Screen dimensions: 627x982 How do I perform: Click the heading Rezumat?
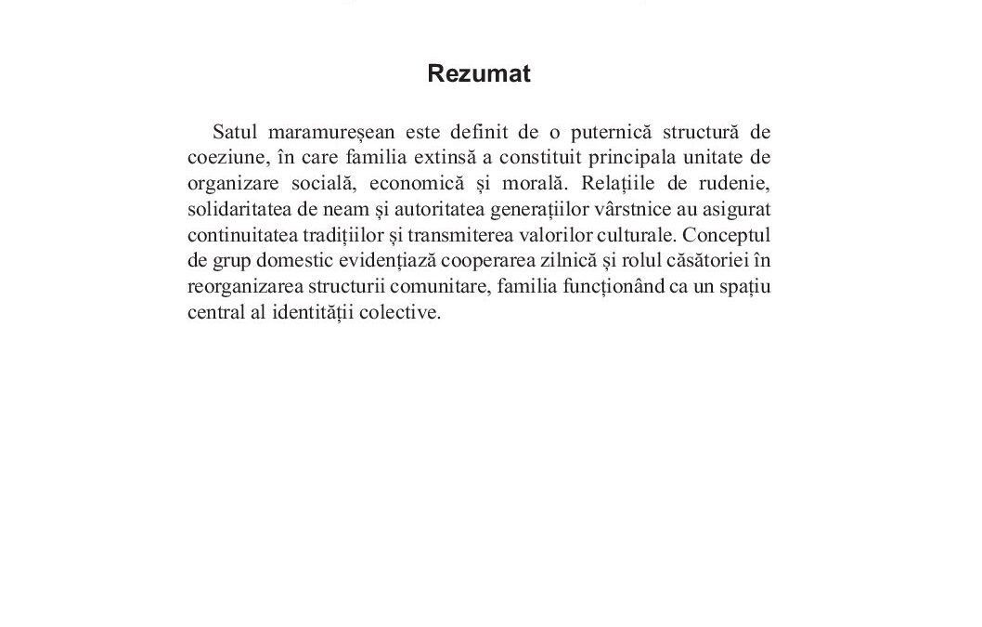click(x=478, y=74)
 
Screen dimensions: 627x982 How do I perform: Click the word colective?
click(x=400, y=312)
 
